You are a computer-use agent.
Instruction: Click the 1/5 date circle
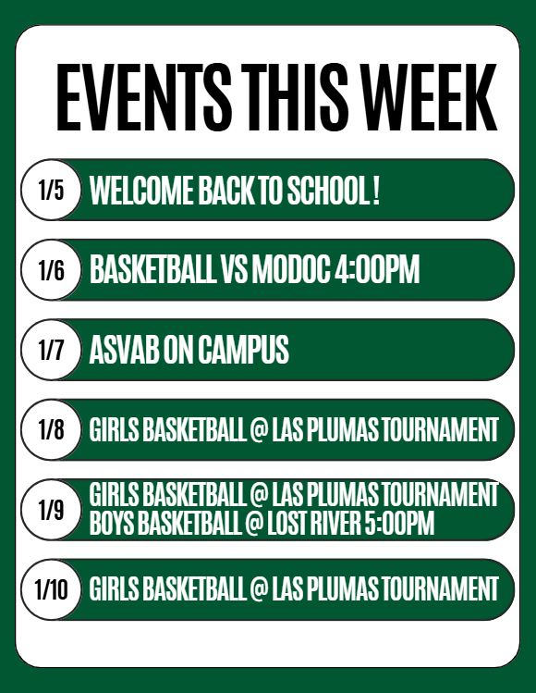[x=52, y=191]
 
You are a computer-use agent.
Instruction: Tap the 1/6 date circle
[x=52, y=270]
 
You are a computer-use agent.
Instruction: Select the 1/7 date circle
[x=52, y=351]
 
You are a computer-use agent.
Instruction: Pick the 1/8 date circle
[x=52, y=430]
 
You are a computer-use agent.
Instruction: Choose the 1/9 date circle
[x=52, y=510]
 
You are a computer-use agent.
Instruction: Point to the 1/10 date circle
[x=52, y=589]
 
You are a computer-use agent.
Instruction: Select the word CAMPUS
[x=244, y=351]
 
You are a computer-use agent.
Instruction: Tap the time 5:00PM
[x=402, y=525]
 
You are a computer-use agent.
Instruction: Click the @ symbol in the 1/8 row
[x=258, y=431]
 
